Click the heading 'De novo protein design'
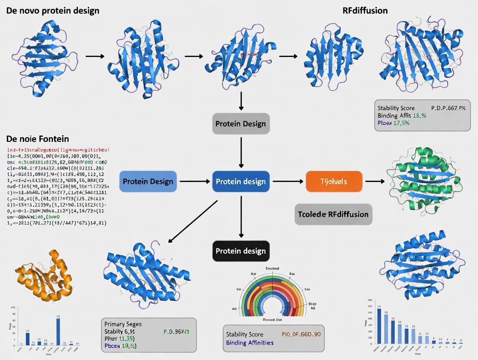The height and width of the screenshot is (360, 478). tap(53, 10)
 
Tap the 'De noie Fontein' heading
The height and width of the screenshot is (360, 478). tap(38, 139)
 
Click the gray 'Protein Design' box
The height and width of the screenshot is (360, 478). tap(241, 124)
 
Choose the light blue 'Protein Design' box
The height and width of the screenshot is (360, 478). tap(148, 181)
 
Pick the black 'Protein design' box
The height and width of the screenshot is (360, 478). tap(241, 251)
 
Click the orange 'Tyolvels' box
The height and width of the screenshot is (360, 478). tap(333, 181)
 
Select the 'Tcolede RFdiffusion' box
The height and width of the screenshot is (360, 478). tap(333, 214)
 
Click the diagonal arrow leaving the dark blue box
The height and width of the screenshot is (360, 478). tap(192, 221)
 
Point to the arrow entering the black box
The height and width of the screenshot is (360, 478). tap(241, 219)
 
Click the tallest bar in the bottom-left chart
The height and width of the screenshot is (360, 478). tap(58, 331)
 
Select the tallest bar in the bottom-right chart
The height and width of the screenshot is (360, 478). tap(379, 326)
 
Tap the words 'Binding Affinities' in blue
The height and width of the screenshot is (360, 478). tap(250, 343)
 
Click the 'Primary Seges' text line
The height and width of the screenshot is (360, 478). tap(123, 324)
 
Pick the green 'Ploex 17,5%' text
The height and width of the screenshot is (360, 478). tap(393, 123)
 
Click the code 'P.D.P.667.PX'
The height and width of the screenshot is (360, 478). tap(448, 108)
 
